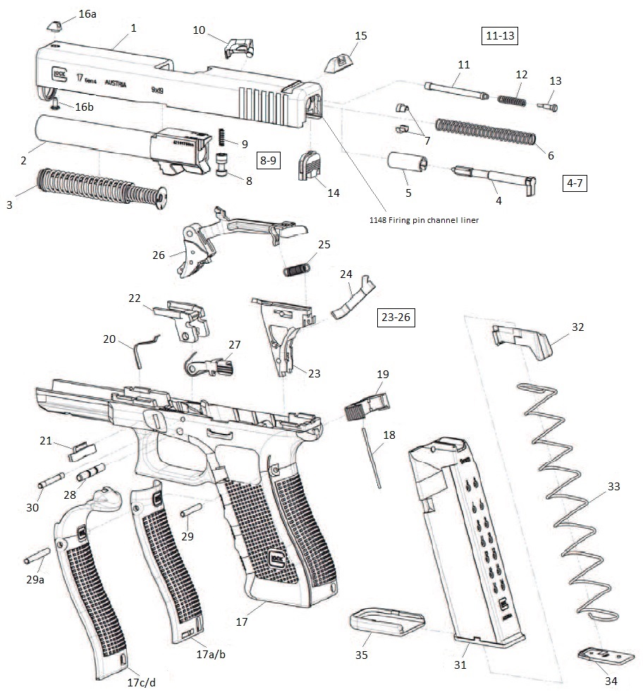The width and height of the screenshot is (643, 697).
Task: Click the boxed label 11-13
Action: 500,36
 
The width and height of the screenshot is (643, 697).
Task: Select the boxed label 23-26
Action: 395,317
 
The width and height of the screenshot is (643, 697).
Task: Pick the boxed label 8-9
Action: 270,160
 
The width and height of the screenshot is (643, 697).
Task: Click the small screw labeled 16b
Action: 56,102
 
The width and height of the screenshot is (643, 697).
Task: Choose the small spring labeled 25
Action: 297,268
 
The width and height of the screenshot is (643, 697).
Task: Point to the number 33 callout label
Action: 613,486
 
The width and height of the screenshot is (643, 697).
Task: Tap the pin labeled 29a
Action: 37,556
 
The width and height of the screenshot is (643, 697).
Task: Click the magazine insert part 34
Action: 598,657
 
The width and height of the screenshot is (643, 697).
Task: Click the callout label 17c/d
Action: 141,682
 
